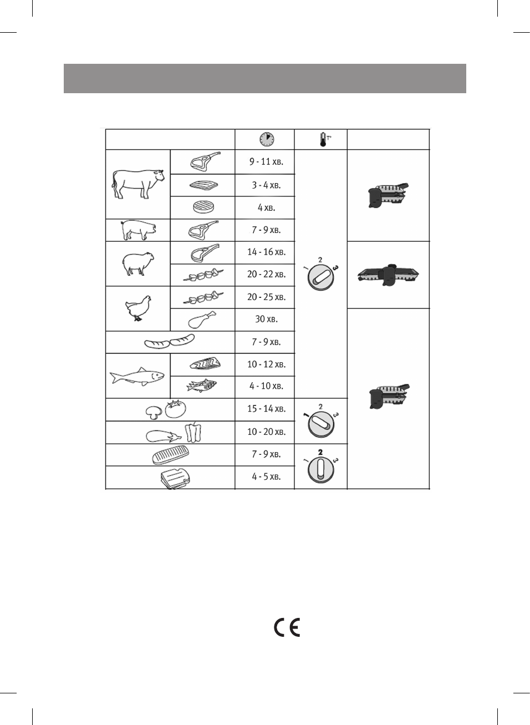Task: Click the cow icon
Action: click(x=138, y=184)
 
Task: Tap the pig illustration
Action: click(x=138, y=230)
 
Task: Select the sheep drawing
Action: click(x=137, y=263)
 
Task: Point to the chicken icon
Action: click(x=139, y=308)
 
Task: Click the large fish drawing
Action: click(x=137, y=376)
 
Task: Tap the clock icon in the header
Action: click(x=267, y=139)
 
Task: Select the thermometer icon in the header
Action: click(x=323, y=139)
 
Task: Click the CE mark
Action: click(x=287, y=627)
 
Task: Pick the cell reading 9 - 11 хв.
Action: click(x=266, y=162)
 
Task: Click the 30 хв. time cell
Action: click(x=266, y=319)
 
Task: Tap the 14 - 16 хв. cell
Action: click(x=266, y=252)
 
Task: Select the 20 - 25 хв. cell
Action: click(x=266, y=297)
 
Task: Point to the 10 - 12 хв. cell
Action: click(x=266, y=364)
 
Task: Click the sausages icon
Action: click(x=170, y=342)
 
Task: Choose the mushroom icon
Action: click(x=153, y=412)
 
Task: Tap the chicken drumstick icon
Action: click(x=202, y=320)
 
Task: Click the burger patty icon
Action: click(x=203, y=207)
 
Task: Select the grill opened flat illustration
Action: click(x=388, y=274)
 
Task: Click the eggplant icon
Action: click(x=162, y=437)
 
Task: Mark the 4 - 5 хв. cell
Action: click(x=266, y=476)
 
